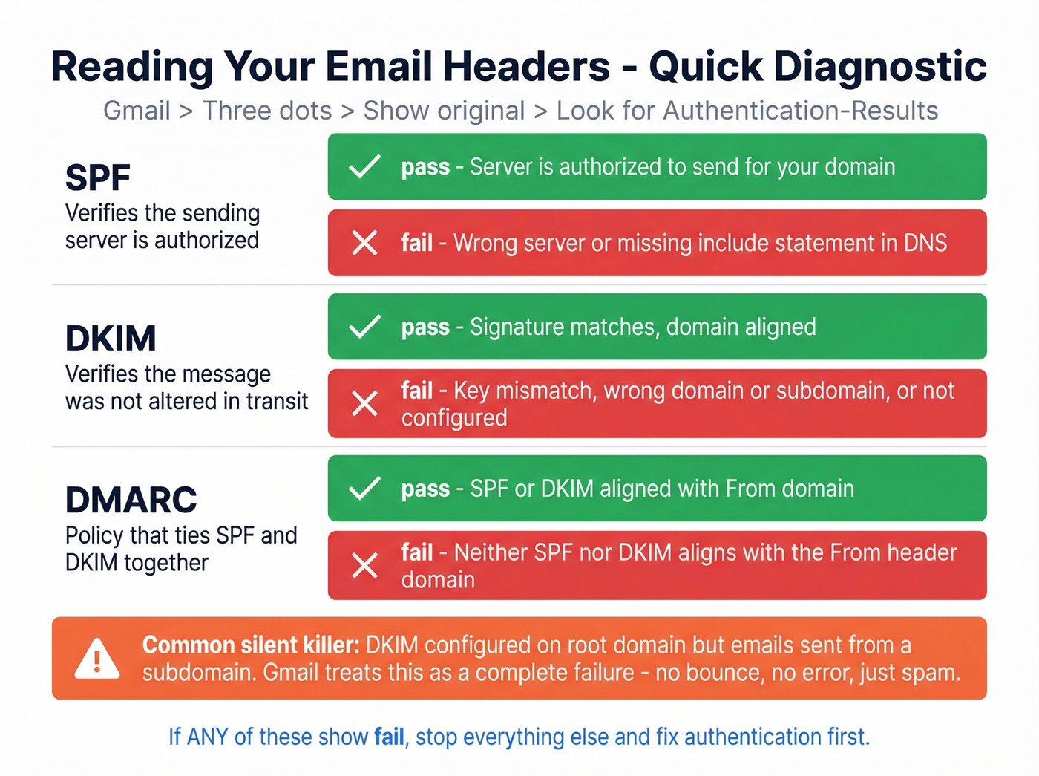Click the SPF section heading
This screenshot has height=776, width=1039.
(x=98, y=178)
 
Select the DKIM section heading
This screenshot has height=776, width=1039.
(x=111, y=339)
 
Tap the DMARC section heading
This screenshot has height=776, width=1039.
(x=131, y=500)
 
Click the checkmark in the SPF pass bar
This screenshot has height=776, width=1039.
(x=364, y=167)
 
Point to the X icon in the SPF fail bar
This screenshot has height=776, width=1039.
(x=364, y=243)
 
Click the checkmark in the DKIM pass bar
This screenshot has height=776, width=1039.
(x=364, y=327)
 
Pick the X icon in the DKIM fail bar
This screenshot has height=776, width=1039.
(x=364, y=404)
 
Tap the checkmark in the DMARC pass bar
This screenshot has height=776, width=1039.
(x=364, y=489)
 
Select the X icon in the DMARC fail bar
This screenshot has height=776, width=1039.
(x=364, y=566)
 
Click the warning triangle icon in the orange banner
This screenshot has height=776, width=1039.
(x=97, y=659)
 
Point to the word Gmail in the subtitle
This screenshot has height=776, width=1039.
(x=137, y=111)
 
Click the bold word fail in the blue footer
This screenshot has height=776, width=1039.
(x=389, y=737)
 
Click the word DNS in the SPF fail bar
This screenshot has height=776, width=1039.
(x=925, y=243)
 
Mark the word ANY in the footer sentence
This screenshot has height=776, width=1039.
(x=207, y=737)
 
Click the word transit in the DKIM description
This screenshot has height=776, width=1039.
(x=277, y=401)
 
